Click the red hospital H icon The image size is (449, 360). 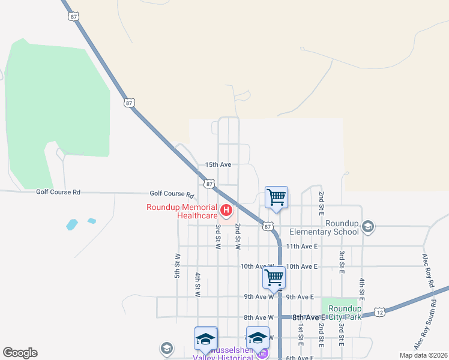coord(226,210)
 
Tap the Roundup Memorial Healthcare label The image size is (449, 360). coord(182,211)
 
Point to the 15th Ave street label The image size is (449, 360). coord(218,164)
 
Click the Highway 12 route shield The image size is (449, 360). coord(379,312)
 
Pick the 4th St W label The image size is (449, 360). coord(197,285)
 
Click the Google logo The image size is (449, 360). coord(20,353)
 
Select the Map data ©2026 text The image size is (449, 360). coord(423,355)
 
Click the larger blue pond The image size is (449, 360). coord(71,225)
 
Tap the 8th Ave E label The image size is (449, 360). coord(309,317)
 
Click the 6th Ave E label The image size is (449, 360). coord(300,358)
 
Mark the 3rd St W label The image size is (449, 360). coord(218,237)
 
